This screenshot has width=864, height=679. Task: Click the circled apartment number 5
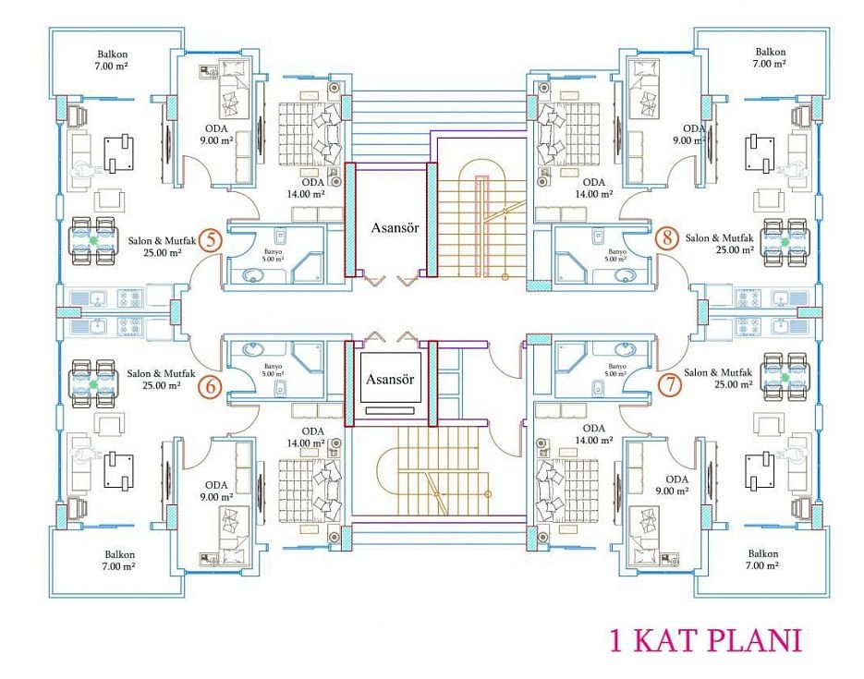pos(211,240)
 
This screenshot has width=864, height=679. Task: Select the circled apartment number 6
pos(211,386)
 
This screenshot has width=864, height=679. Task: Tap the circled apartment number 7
pos(670,383)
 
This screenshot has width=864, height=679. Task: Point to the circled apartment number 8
pos(667,238)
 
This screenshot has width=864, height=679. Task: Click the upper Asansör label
pos(395,227)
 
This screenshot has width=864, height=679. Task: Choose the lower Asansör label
pos(390,379)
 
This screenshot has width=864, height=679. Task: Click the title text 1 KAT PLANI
pos(705,640)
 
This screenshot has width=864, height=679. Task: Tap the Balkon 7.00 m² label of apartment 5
pos(113,60)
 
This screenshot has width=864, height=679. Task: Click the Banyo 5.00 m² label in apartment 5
pos(273,255)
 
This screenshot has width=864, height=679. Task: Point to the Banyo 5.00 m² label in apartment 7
pos(616,370)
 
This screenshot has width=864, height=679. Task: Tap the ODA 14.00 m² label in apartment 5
pos(312,188)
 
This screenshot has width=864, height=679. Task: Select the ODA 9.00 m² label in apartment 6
pos(216,491)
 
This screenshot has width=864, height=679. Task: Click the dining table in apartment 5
pos(93,240)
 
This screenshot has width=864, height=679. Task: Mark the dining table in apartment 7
pos(785,377)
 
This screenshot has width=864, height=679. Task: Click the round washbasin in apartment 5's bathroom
pos(253,274)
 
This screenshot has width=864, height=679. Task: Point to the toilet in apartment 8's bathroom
pos(598,236)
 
